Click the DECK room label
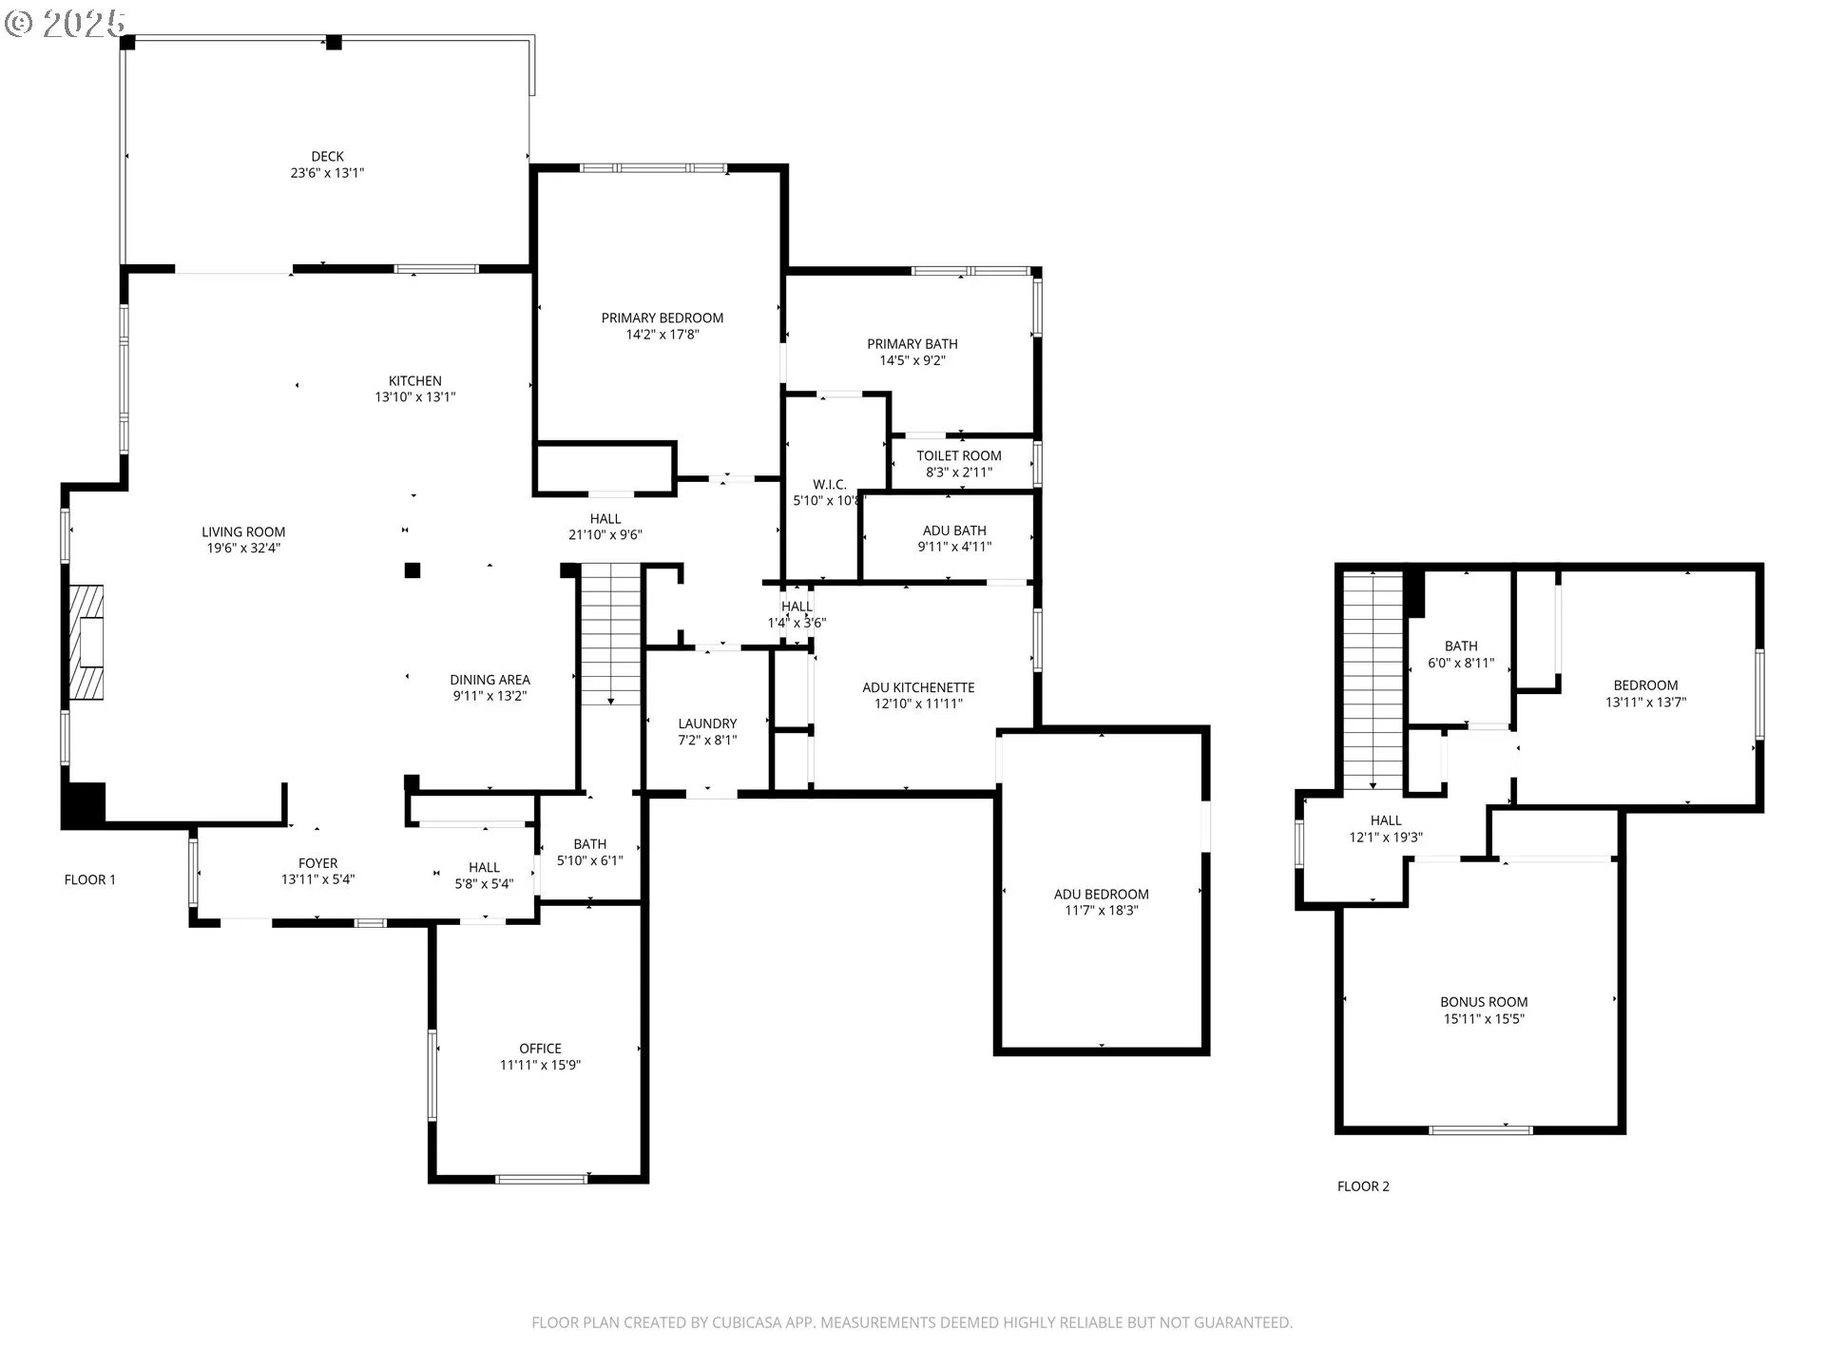point(327,157)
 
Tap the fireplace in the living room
point(86,644)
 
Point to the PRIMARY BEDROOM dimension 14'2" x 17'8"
point(662,335)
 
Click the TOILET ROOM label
point(958,456)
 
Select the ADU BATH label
point(954,530)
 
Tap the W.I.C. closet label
point(829,485)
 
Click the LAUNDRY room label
point(707,723)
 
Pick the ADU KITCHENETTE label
point(918,687)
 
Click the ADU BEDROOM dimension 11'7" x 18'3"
point(1101,911)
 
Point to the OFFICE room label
point(540,1049)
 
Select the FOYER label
point(317,863)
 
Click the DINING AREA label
point(490,680)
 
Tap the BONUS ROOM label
point(1483,1002)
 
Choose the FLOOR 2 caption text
point(1363,1186)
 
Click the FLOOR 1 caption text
point(90,879)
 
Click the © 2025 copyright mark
point(65,23)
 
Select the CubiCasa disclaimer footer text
point(912,1322)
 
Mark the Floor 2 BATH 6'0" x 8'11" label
point(1460,655)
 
